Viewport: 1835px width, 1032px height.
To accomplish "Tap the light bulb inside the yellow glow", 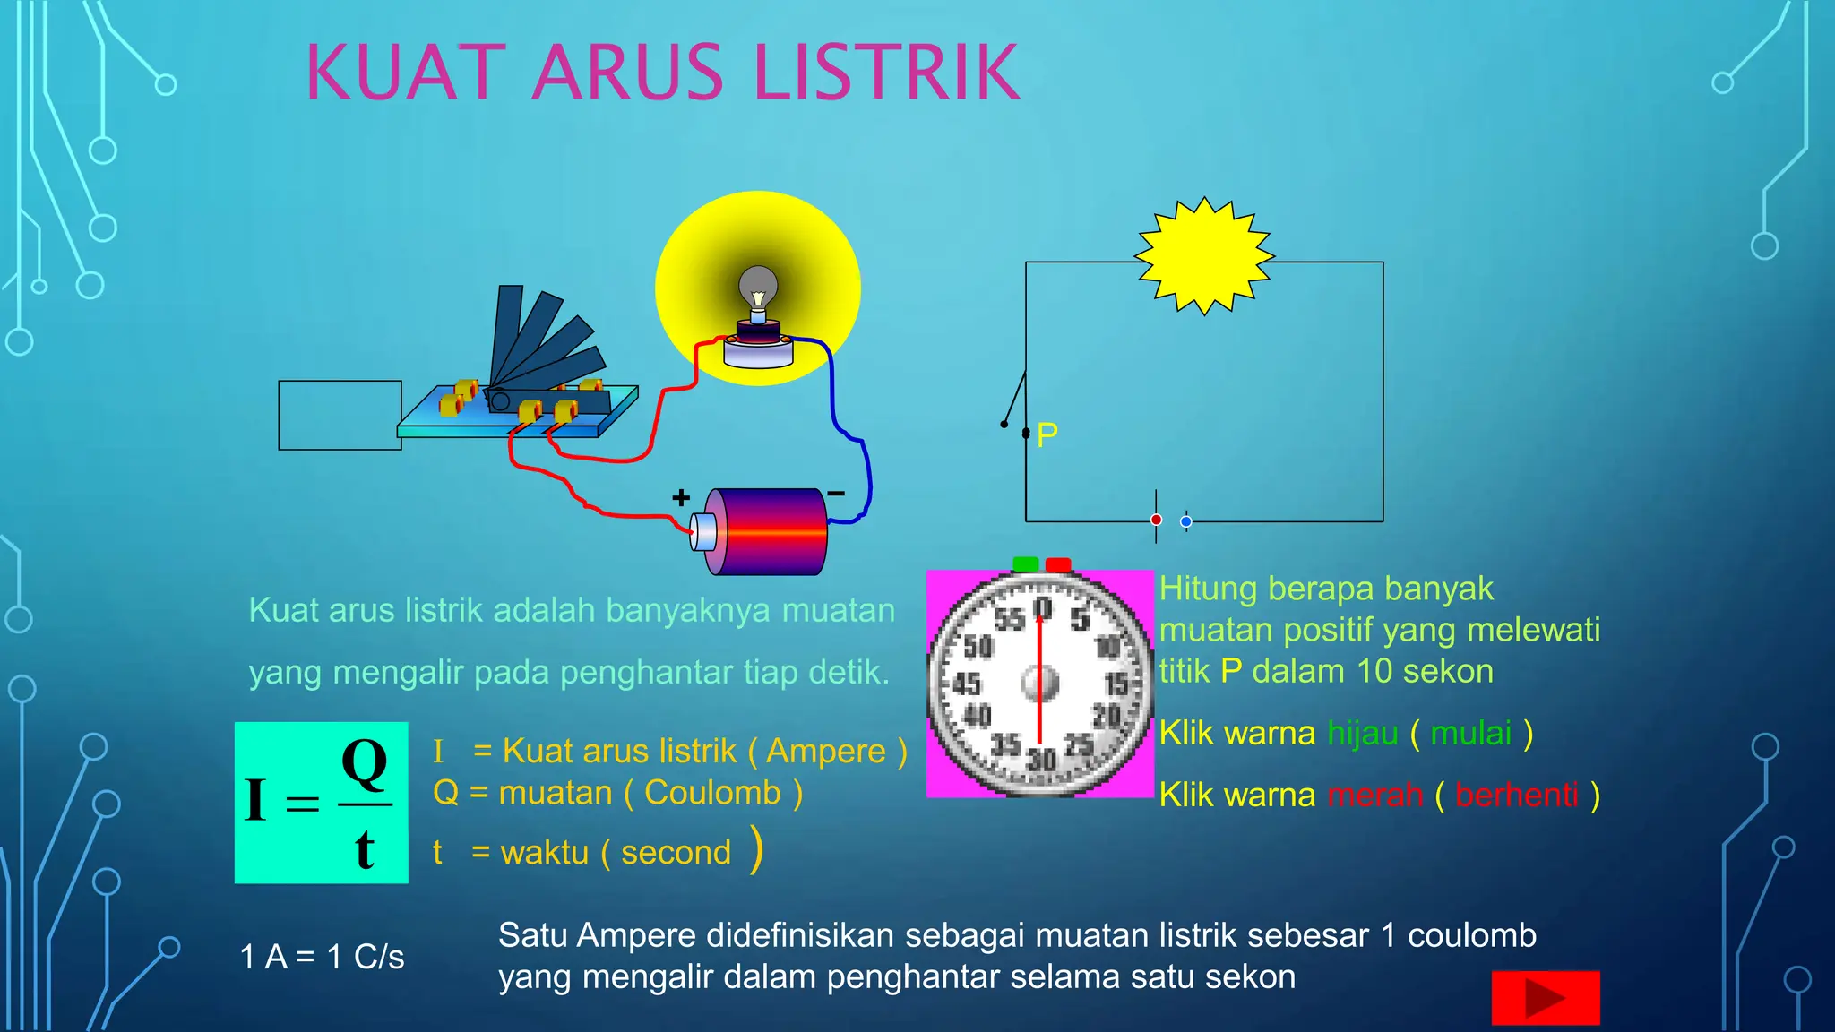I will coord(758,288).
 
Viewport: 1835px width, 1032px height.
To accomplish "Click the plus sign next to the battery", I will coord(681,497).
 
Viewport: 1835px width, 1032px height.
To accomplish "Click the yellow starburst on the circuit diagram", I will coord(1204,256).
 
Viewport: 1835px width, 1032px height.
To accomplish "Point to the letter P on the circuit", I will coord(1047,435).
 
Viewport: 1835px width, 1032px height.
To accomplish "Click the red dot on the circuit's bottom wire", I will coord(1156,520).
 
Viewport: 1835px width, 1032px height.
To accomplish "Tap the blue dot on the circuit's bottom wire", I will coord(1185,521).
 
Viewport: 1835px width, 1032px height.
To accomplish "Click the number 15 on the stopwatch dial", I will coord(1116,685).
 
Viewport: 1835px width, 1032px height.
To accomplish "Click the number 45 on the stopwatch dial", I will coord(966,684).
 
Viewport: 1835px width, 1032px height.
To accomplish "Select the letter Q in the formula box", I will coord(364,763).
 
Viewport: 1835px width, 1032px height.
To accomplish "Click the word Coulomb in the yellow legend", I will coord(712,793).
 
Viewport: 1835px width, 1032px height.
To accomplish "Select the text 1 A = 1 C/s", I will coord(322,957).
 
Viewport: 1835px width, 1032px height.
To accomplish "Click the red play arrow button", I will coord(1545,997).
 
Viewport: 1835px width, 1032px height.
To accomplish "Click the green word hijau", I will coord(1362,733).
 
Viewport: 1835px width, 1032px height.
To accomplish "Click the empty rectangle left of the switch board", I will coord(340,415).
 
